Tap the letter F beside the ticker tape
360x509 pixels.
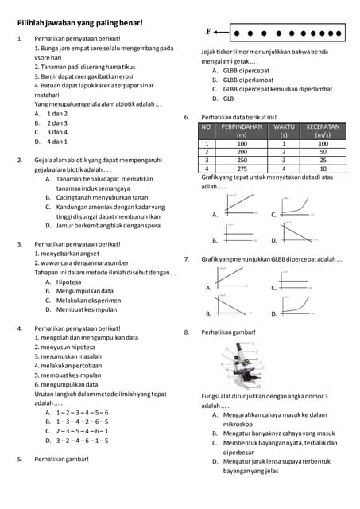pos(209,32)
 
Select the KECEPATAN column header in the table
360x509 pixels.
pos(323,130)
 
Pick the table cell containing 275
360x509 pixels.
pos(242,169)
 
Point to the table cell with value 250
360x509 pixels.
pos(242,160)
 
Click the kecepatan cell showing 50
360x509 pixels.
pos(323,151)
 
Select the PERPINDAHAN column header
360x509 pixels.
pos(242,130)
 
